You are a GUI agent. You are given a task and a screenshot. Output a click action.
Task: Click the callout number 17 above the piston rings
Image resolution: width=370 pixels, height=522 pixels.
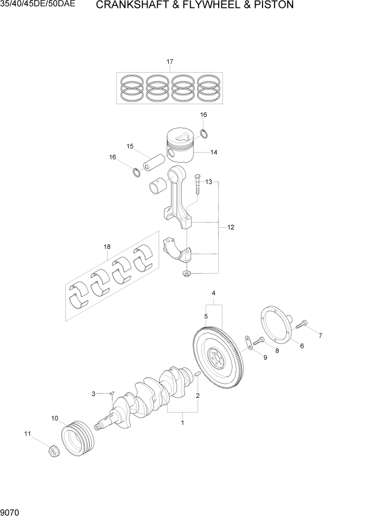[x=170, y=62]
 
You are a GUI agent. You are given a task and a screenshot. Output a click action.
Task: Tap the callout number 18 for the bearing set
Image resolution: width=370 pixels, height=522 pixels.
[x=107, y=246]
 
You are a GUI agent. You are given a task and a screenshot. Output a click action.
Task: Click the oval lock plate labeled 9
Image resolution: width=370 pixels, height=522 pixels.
[x=246, y=343]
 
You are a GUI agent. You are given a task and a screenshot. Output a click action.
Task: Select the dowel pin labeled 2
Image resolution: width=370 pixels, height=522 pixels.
[x=197, y=374]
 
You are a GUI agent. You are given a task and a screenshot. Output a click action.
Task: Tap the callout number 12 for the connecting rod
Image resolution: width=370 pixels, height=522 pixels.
[x=230, y=227]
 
